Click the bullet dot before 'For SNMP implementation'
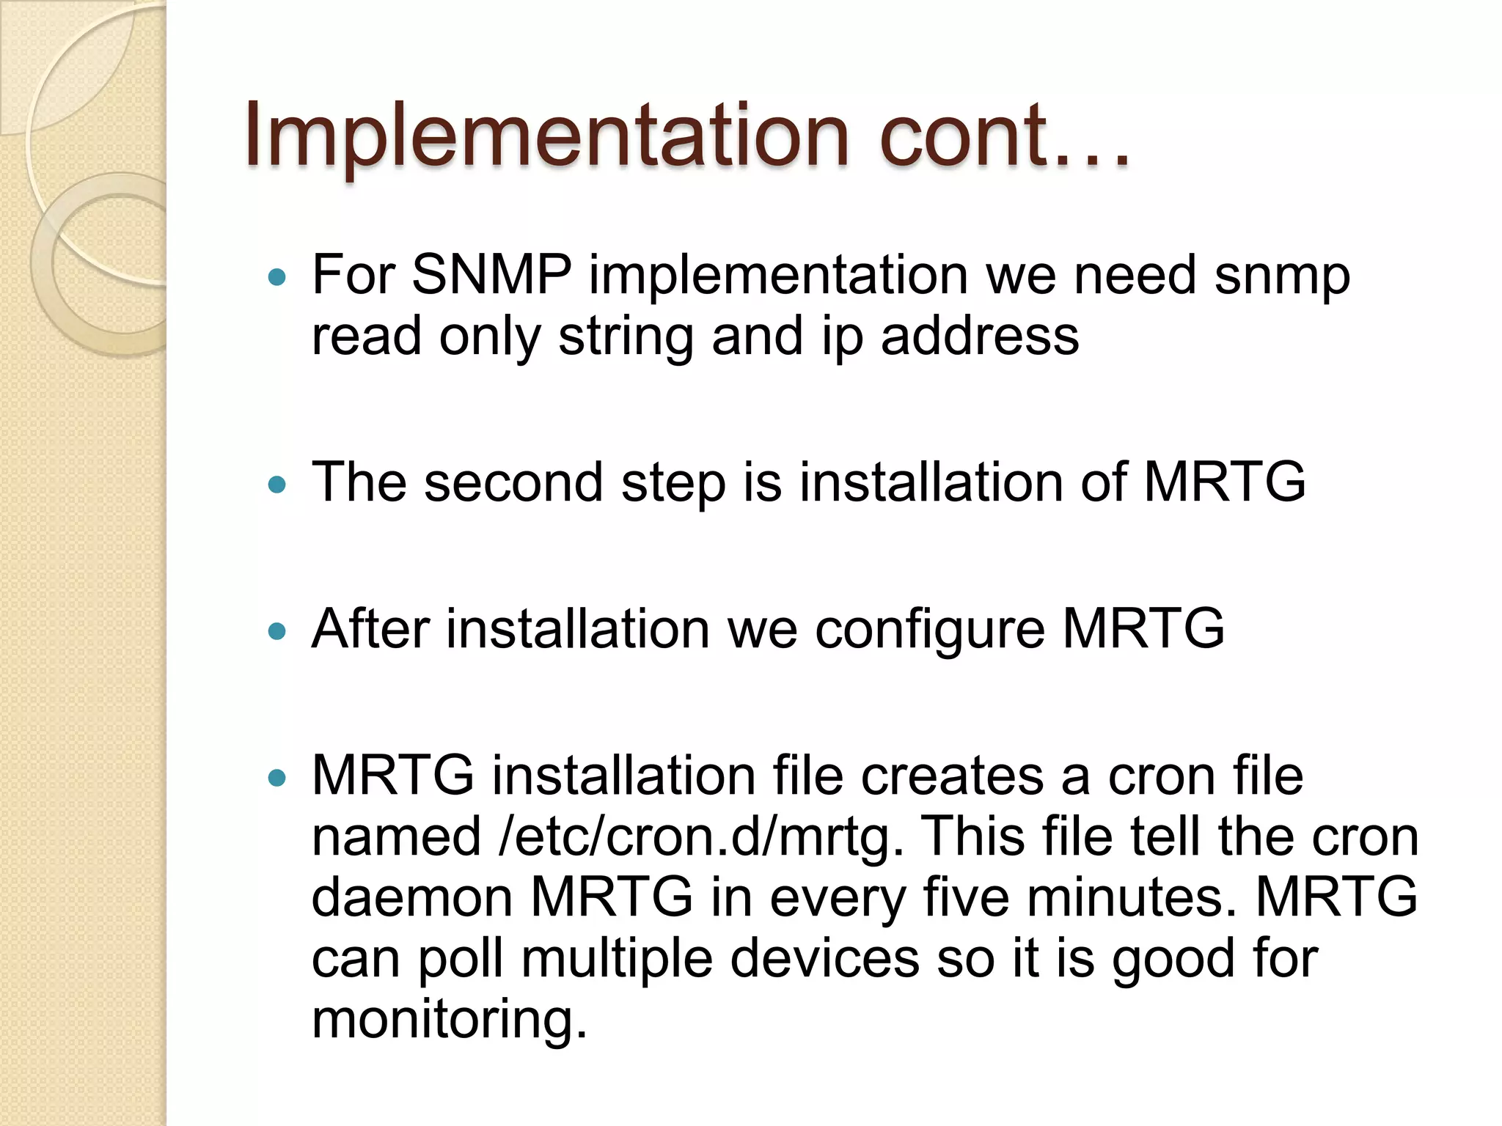(x=276, y=277)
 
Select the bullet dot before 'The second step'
(x=276, y=484)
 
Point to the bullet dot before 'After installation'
(x=276, y=630)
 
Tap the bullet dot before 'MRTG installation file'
(x=276, y=777)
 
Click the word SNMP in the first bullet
(x=491, y=275)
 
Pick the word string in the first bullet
(x=626, y=337)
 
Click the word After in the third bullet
(x=370, y=628)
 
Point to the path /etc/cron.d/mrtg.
(x=700, y=837)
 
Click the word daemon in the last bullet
(x=411, y=897)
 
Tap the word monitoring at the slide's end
(x=449, y=1020)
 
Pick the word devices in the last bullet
(x=824, y=958)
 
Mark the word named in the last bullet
(x=396, y=836)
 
